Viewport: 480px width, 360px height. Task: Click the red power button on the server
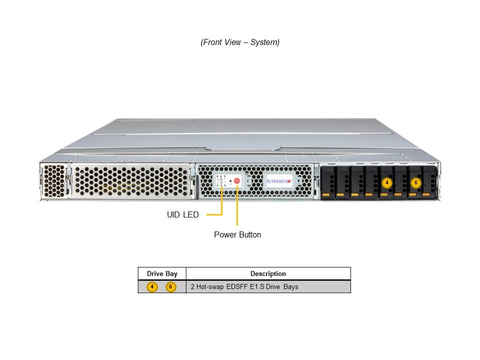click(237, 180)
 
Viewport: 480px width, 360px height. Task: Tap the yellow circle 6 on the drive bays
click(415, 182)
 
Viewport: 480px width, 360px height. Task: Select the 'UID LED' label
click(182, 215)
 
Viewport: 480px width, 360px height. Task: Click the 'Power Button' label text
click(237, 234)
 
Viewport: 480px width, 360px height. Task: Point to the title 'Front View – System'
click(240, 42)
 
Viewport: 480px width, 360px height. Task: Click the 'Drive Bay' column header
click(162, 273)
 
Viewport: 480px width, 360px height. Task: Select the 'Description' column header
click(268, 273)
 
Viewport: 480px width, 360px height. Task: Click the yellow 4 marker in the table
click(152, 287)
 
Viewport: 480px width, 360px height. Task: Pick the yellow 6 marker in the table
click(171, 287)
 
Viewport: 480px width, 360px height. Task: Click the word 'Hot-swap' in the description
click(209, 287)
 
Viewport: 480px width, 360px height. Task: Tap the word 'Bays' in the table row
click(290, 287)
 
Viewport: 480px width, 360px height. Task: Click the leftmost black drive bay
click(327, 182)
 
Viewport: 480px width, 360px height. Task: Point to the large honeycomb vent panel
click(131, 181)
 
